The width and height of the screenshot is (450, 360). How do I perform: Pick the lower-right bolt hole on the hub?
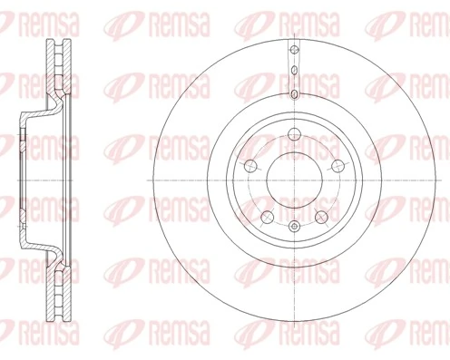click(x=321, y=216)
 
